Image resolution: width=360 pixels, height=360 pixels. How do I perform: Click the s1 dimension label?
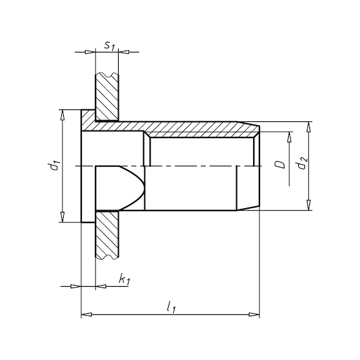109,46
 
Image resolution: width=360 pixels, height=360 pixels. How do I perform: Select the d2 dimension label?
301,163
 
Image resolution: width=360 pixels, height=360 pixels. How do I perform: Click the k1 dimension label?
124,280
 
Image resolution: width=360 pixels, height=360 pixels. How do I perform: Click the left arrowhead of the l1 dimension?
87,314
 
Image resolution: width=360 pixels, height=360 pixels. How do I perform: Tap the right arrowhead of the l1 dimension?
254,314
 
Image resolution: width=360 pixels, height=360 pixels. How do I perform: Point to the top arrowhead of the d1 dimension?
62,115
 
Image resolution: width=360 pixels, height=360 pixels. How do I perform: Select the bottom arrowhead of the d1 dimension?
62,217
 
